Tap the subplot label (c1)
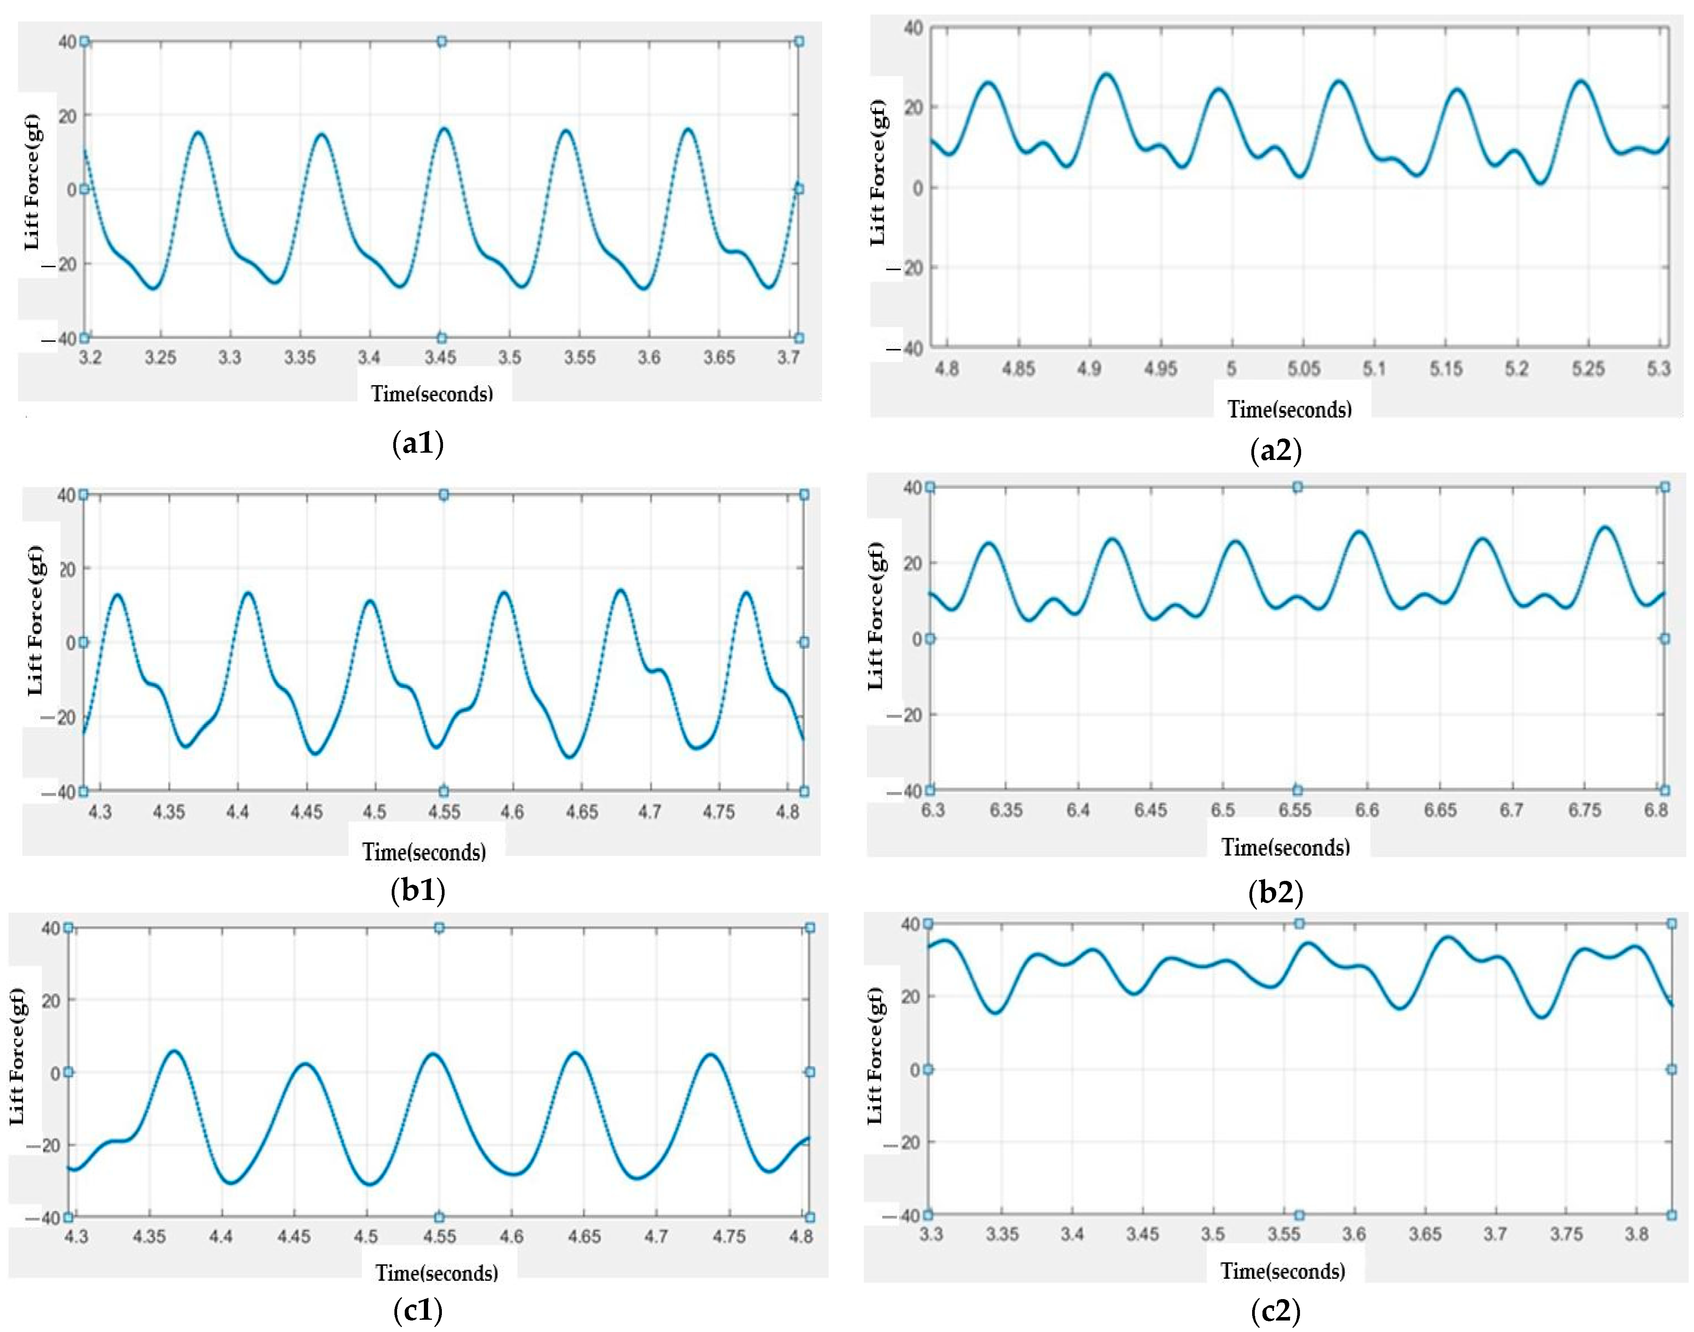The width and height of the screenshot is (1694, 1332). pyautogui.click(x=418, y=1311)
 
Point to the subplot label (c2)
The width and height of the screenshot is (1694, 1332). pyautogui.click(x=1275, y=1311)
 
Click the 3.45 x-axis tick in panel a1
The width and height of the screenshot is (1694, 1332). pyautogui.click(x=440, y=358)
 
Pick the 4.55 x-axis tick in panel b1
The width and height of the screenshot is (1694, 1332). pyautogui.click(x=443, y=812)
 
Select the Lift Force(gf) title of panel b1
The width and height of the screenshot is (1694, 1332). pyautogui.click(x=36, y=620)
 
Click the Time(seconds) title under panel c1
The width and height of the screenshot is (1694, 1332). pyautogui.click(x=437, y=1273)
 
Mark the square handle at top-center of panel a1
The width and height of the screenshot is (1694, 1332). pyautogui.click(x=441, y=41)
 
